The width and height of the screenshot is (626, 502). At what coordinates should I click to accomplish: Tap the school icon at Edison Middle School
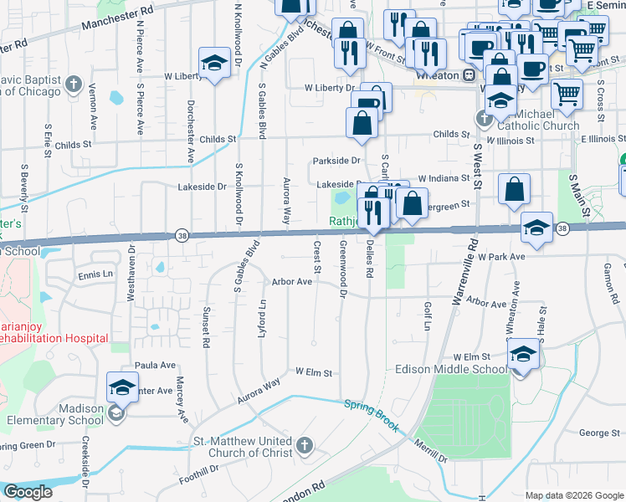point(523,352)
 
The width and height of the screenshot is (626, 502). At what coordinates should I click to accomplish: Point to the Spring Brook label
point(371,415)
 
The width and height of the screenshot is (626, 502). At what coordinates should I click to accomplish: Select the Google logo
point(28,492)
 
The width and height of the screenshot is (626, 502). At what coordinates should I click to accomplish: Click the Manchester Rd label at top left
point(118,21)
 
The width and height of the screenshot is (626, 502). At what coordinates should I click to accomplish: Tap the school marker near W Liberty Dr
point(214,62)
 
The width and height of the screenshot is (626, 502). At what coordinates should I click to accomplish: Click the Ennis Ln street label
point(95,274)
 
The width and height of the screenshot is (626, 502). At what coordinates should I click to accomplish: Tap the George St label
point(598,433)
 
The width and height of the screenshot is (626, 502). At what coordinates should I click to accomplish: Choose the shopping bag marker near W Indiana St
point(514,189)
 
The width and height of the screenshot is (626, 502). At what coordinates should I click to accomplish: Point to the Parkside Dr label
point(336,160)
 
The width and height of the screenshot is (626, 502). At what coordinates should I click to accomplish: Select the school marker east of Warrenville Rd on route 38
point(536,227)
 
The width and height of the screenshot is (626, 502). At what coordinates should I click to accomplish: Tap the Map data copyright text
point(573,495)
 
